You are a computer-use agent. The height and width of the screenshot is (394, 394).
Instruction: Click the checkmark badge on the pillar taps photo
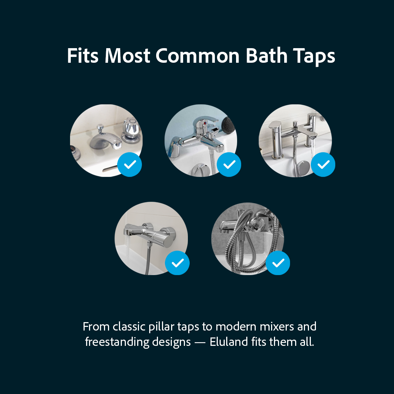[130, 165]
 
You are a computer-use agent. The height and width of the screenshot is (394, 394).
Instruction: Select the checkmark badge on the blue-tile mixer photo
[229, 165]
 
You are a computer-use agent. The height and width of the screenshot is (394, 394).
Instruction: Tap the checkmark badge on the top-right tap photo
[323, 165]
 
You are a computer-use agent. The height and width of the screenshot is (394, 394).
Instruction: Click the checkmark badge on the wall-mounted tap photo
[177, 263]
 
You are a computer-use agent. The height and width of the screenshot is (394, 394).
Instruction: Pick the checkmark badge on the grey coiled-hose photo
[278, 263]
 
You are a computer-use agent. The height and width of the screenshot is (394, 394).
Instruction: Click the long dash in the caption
[200, 342]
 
